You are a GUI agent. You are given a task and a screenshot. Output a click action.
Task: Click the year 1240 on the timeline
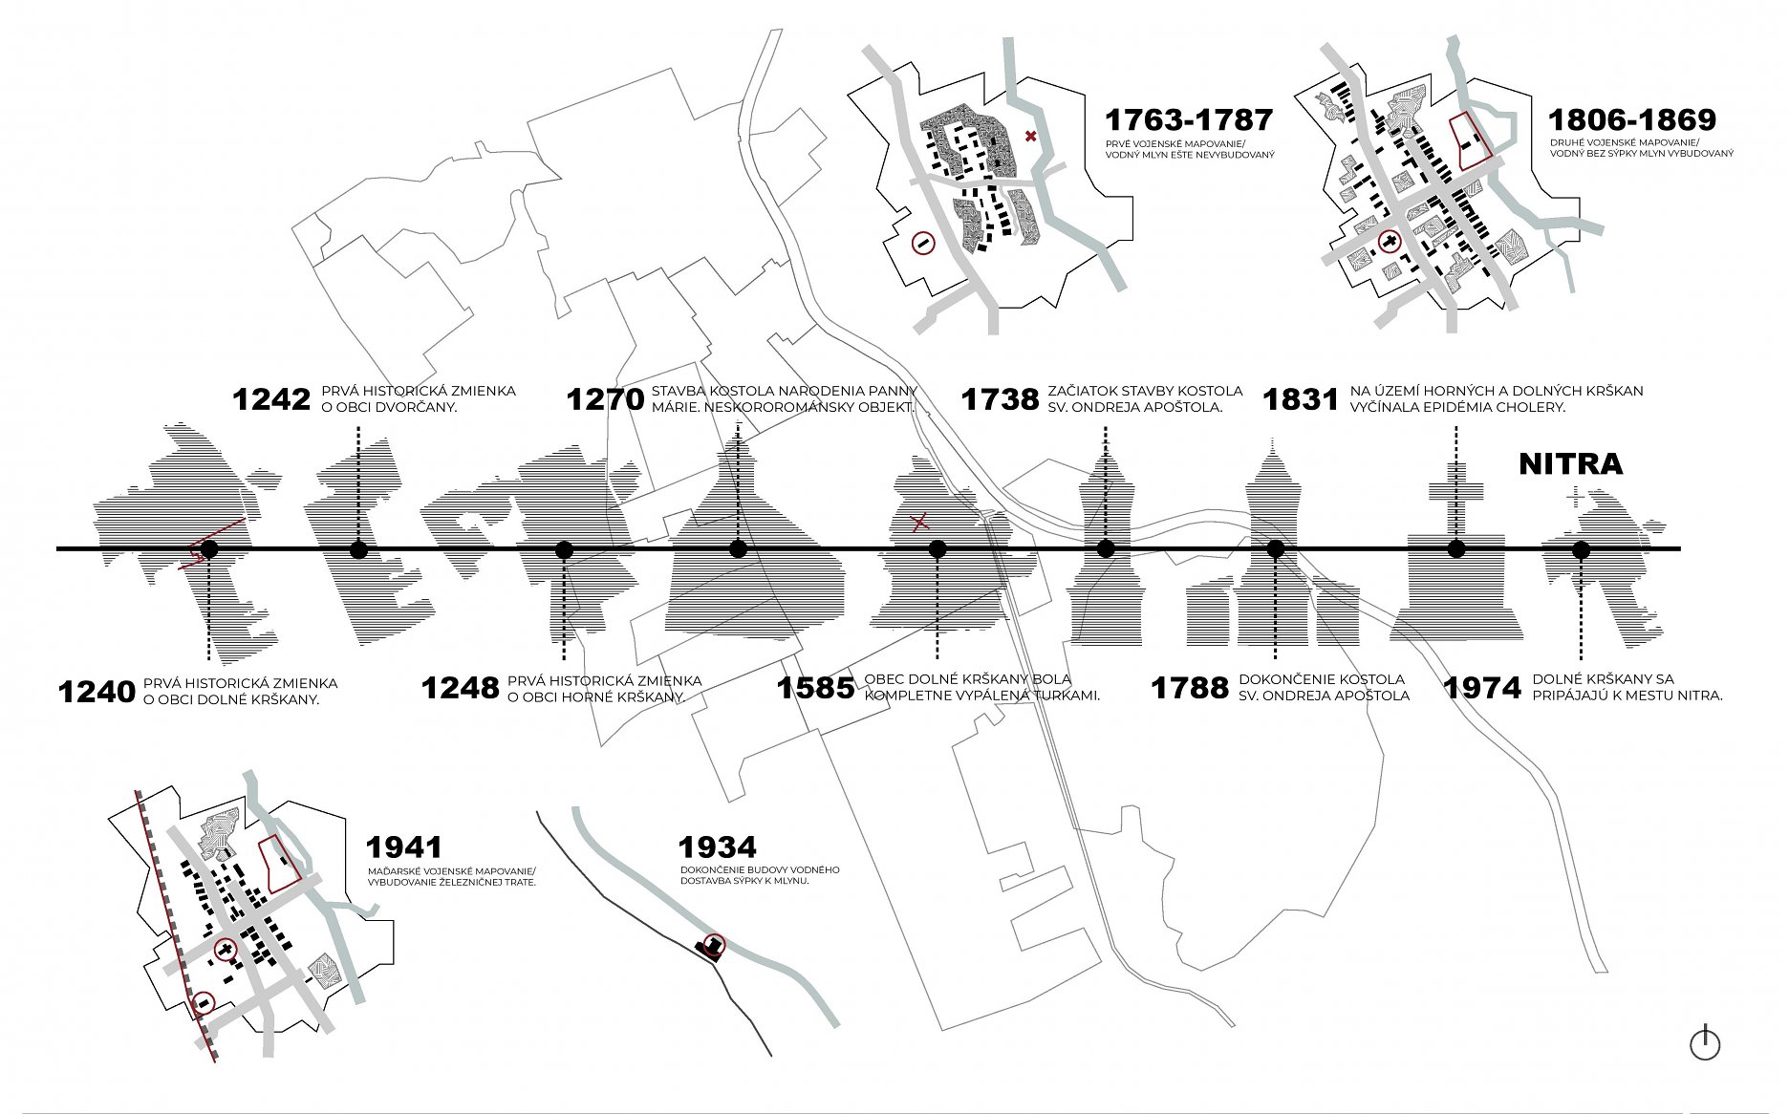click(97, 691)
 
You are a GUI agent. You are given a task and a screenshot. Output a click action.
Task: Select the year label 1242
click(271, 399)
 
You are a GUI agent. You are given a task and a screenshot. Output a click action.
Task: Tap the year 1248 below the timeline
click(461, 688)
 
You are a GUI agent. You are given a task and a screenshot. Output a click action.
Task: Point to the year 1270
click(606, 399)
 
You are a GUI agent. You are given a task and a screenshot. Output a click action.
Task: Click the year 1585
click(815, 688)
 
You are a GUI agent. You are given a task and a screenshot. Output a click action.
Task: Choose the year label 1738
click(1000, 399)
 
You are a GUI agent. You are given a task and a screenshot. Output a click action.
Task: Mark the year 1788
click(1190, 688)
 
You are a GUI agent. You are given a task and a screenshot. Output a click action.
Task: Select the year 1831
click(1301, 399)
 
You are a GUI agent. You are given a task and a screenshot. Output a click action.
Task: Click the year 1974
click(1482, 688)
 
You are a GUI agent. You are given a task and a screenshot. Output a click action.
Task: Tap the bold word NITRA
click(1571, 464)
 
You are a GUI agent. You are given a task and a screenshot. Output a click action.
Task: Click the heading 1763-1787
click(1189, 120)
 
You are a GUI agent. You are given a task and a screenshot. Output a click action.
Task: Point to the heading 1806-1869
click(1632, 120)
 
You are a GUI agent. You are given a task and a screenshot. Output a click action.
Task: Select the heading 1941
click(404, 847)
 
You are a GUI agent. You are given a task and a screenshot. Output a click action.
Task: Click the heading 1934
click(718, 847)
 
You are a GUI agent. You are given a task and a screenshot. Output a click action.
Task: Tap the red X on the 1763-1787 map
click(1030, 137)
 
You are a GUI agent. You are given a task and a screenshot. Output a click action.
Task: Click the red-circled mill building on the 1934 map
click(712, 947)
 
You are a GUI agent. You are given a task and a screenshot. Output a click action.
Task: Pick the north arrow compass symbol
click(1705, 1042)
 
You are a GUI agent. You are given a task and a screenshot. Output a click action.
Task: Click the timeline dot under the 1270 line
click(738, 548)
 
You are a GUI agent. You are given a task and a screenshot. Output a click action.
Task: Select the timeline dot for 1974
click(1581, 549)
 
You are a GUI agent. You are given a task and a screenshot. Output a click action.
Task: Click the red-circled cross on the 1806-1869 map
click(1389, 243)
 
